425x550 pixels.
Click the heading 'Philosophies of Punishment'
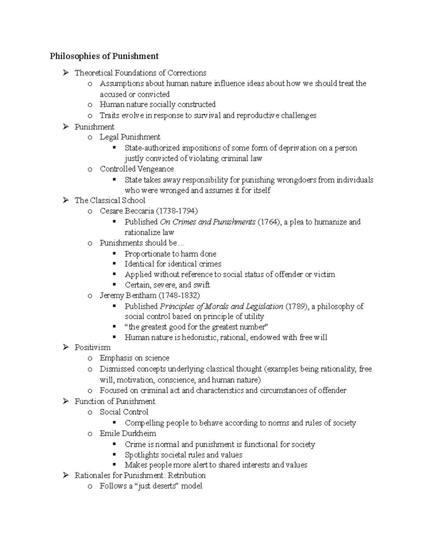[104, 56]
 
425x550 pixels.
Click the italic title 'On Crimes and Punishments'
[208, 222]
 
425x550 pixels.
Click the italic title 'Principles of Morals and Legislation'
[222, 306]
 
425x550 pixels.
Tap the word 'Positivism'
[92, 347]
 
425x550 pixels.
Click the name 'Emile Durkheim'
[128, 433]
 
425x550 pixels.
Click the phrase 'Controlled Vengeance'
[137, 169]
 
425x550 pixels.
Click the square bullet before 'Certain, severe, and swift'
[114, 284]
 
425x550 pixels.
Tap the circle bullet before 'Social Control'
[90, 412]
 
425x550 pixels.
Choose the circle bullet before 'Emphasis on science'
[90, 358]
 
